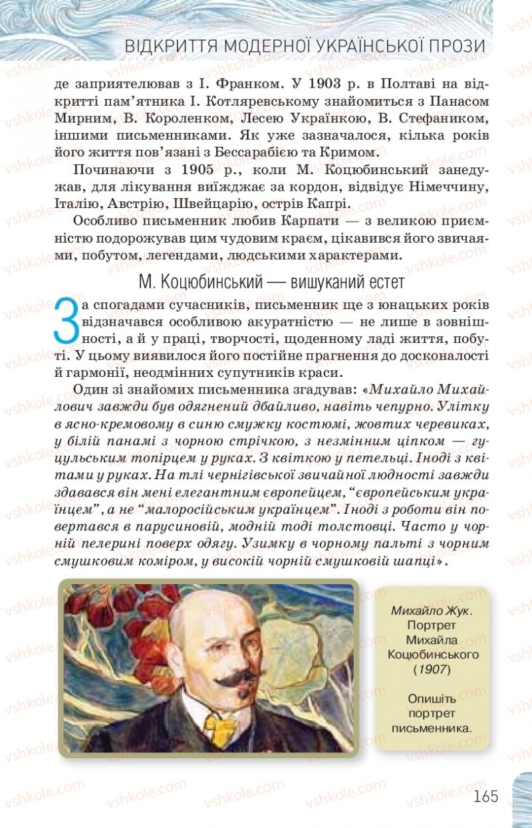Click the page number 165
coord(486,796)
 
